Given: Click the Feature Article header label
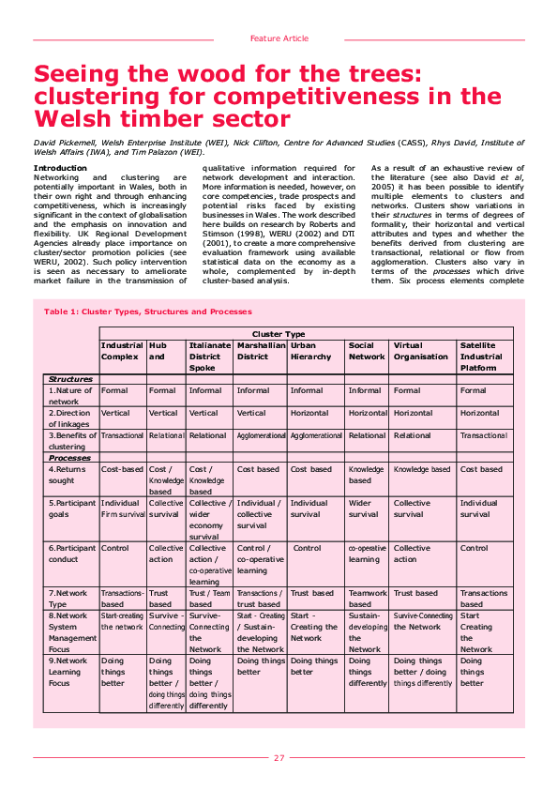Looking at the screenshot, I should click(x=279, y=38).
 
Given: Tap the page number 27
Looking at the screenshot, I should click(x=279, y=758).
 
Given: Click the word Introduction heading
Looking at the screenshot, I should click(x=60, y=168).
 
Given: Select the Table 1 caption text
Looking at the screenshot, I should click(x=148, y=311).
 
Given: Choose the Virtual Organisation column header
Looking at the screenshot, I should click(x=420, y=351).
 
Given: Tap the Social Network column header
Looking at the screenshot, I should click(x=367, y=351).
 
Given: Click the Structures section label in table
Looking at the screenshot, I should click(x=70, y=379).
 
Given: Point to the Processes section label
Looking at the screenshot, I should click(x=70, y=458).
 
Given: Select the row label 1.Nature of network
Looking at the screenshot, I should click(x=71, y=396).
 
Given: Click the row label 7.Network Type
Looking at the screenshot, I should click(x=70, y=599).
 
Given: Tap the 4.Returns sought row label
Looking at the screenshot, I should click(x=70, y=475).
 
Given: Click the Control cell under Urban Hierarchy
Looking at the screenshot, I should click(x=307, y=548).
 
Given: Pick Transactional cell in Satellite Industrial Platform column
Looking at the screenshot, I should click(x=483, y=435).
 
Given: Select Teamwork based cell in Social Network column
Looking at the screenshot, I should click(x=367, y=599).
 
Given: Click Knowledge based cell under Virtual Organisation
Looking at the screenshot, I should click(x=422, y=469).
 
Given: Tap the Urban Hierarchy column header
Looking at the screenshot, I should click(x=310, y=351).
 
